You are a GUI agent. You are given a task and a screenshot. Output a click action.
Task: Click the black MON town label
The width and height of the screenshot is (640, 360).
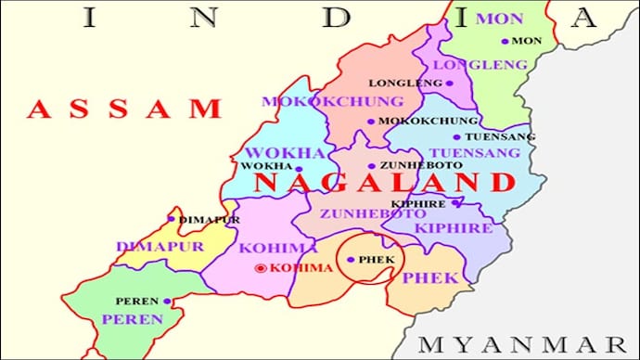pyautogui.click(x=527, y=42)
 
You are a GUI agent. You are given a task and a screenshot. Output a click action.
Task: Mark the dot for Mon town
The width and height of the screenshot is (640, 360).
pyautogui.click(x=505, y=41)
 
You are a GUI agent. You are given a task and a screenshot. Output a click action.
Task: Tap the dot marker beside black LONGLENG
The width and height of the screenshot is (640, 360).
pyautogui.click(x=450, y=83)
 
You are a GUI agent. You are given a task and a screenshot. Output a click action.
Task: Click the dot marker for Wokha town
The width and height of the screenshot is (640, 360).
pyautogui.click(x=298, y=169)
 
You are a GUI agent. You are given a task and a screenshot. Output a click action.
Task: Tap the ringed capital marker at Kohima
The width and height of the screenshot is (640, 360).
pyautogui.click(x=262, y=268)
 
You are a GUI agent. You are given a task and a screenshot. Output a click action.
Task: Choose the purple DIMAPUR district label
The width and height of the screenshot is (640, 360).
pyautogui.click(x=147, y=247)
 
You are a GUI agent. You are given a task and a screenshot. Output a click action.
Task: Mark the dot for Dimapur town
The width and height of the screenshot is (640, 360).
pyautogui.click(x=172, y=219)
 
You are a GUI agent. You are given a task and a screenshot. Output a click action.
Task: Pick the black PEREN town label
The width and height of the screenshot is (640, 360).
pyautogui.click(x=137, y=302)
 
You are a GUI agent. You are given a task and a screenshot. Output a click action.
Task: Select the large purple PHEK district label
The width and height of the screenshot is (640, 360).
pyautogui.click(x=429, y=277)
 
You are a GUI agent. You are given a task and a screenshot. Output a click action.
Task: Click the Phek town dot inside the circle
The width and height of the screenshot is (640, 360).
pyautogui.click(x=351, y=259)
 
